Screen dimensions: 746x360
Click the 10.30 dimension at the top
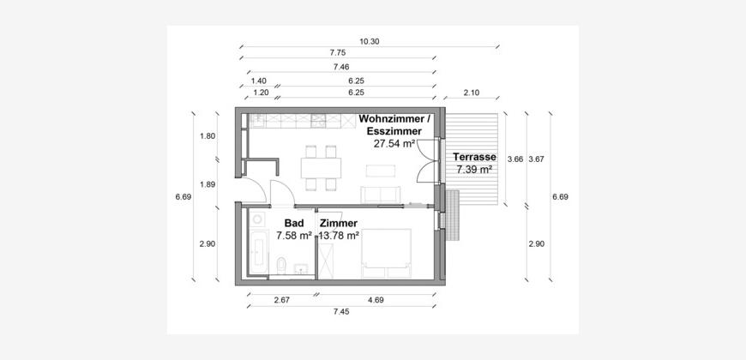(370, 41)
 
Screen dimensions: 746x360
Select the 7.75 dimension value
(337, 53)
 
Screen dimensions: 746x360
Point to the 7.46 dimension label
(341, 67)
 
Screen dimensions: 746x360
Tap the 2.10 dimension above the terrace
(471, 93)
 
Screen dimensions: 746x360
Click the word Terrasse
(474, 157)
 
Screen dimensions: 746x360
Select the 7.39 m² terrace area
(474, 169)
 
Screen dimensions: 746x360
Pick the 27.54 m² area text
(394, 144)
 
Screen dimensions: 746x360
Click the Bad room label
(293, 223)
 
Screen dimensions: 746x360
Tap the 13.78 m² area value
(338, 235)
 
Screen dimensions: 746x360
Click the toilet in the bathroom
(281, 266)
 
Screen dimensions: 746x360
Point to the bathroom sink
(301, 269)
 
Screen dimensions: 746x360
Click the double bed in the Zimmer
(386, 253)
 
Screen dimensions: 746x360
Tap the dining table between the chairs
(322, 168)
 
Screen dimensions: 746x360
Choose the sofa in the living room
(380, 195)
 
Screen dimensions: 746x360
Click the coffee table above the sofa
(380, 171)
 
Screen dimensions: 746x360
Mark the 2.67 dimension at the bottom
(281, 300)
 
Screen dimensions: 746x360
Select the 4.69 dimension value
(376, 300)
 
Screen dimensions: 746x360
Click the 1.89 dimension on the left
(208, 184)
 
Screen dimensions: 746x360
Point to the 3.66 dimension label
(515, 159)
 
